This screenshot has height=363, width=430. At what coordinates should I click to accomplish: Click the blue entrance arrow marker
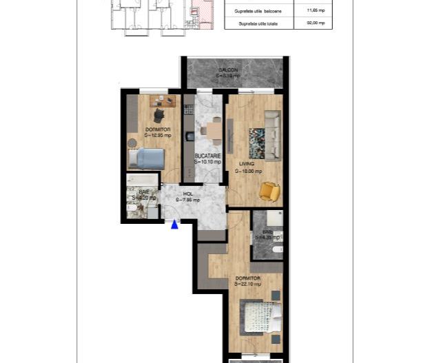coord(174,223)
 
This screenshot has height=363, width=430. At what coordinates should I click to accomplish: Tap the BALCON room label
coord(229,71)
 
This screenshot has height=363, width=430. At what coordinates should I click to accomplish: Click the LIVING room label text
coord(247,164)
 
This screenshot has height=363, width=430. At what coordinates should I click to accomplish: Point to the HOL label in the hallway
coord(187,194)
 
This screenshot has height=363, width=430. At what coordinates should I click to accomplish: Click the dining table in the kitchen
coord(214,129)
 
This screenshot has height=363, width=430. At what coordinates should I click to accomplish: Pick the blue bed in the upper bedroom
coord(147,159)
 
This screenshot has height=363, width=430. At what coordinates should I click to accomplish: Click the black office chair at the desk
coord(159,114)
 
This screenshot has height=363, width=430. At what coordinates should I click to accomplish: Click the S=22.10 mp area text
coord(247,284)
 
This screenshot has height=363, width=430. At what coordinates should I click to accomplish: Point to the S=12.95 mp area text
coord(157,135)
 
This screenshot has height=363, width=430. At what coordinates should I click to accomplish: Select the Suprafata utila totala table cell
coord(259,23)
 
